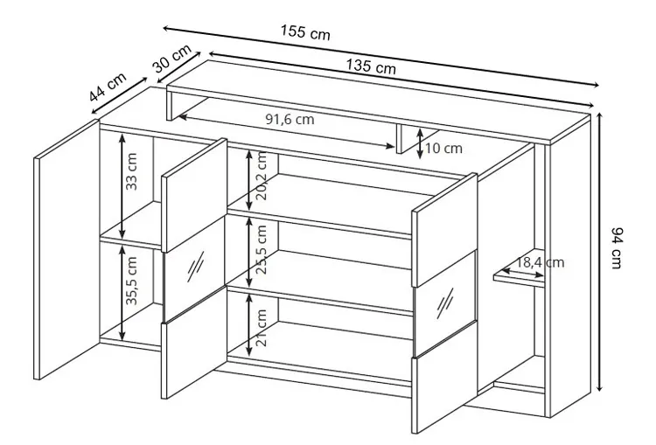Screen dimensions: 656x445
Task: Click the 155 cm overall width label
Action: tap(305, 32)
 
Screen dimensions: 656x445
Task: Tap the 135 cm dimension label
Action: tap(371, 66)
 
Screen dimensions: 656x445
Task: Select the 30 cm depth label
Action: tap(171, 58)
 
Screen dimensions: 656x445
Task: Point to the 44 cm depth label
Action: tap(108, 87)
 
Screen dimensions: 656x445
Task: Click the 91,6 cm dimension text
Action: tap(290, 119)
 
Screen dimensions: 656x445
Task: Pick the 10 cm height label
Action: tap(443, 148)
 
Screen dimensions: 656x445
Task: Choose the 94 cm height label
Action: tap(618, 248)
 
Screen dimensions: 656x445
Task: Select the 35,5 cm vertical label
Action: tap(131, 281)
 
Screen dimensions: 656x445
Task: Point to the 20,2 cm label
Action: tap(261, 176)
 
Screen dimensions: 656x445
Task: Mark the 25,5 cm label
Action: tap(261, 249)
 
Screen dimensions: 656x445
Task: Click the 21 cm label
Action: tap(261, 328)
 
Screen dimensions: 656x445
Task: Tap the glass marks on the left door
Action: tap(196, 266)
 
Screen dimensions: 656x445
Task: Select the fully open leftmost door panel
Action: tap(66, 249)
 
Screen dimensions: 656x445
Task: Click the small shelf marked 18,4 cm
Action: tap(519, 277)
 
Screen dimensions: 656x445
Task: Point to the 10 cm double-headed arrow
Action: tap(420, 144)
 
